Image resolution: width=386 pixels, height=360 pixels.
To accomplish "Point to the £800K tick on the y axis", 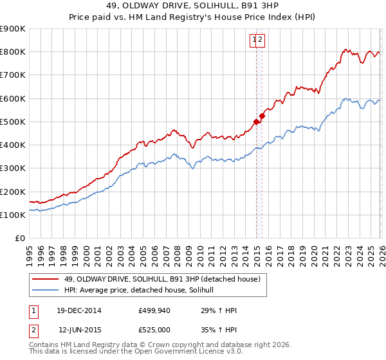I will (12, 52).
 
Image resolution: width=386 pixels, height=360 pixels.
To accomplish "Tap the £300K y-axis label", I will (12, 168).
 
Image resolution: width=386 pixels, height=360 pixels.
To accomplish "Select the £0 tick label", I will (19, 239).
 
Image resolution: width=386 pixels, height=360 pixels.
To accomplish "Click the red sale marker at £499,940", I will (256, 121).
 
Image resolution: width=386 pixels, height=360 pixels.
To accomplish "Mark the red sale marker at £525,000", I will (262, 116).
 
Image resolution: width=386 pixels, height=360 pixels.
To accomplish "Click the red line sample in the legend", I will (46, 279).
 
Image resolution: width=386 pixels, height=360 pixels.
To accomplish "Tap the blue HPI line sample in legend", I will (46, 291).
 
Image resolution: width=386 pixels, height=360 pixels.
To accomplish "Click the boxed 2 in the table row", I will (33, 330).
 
